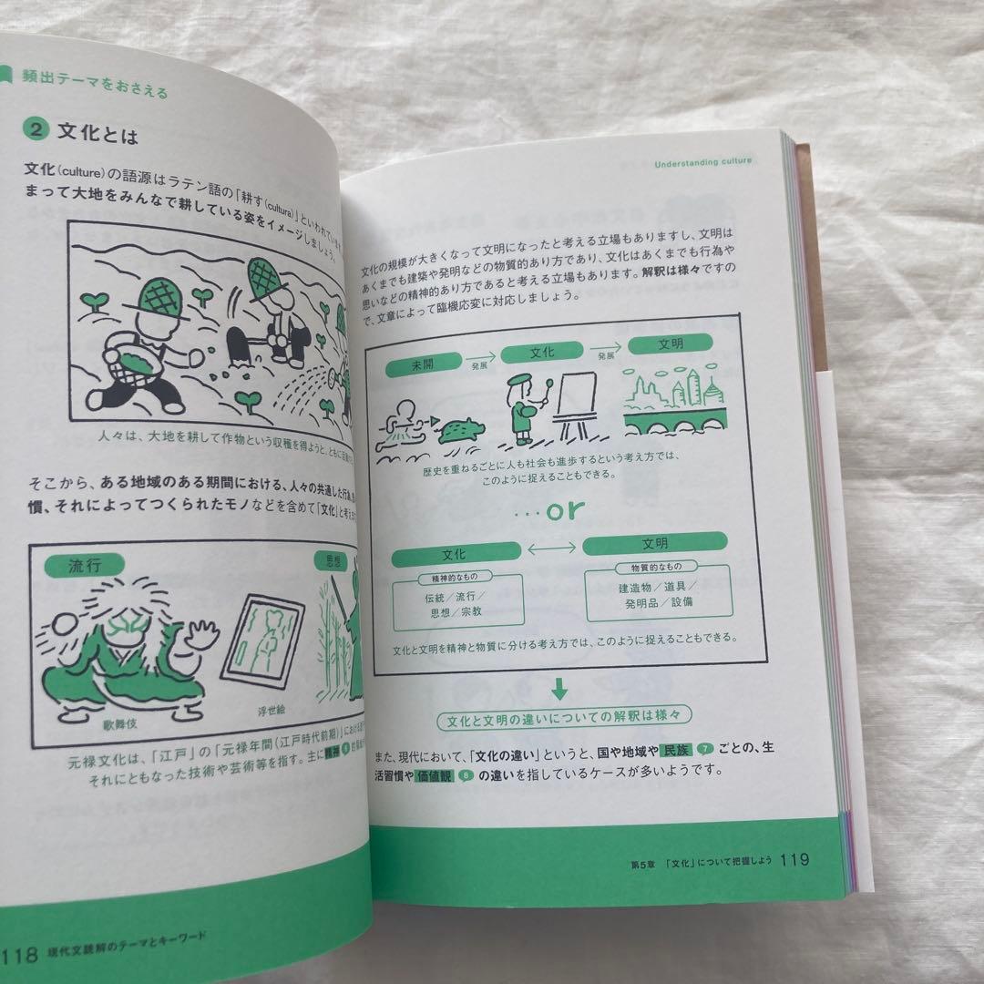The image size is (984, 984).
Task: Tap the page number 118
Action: click(20, 955)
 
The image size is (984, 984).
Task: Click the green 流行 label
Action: click(85, 565)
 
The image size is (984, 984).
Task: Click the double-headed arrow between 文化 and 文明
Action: click(551, 548)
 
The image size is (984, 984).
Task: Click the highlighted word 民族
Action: click(675, 749)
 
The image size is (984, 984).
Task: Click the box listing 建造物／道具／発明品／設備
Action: click(646, 594)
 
